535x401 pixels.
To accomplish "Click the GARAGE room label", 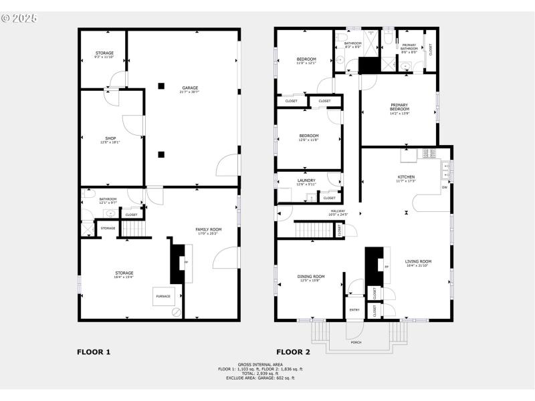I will click(190, 88).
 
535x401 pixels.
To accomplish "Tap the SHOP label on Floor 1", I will click(110, 139).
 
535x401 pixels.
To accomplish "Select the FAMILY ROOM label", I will click(208, 231).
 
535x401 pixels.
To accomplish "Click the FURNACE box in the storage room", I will click(163, 296).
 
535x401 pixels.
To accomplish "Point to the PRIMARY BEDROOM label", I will click(399, 107).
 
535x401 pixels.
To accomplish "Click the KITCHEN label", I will click(406, 177).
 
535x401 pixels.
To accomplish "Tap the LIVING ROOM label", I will click(418, 262).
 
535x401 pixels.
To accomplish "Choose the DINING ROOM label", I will click(311, 277).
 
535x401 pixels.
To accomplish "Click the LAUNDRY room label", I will click(306, 180).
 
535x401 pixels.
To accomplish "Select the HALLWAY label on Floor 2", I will click(337, 212).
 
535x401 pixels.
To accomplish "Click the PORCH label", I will click(356, 342).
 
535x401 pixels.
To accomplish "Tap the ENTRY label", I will click(354, 309).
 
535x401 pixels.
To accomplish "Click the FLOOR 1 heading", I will click(94, 352).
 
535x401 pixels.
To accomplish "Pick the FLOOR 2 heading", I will click(293, 352).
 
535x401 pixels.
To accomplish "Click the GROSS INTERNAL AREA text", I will click(260, 364).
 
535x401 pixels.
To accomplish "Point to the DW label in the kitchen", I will click(444, 188).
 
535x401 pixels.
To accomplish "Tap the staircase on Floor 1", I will click(134, 229).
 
